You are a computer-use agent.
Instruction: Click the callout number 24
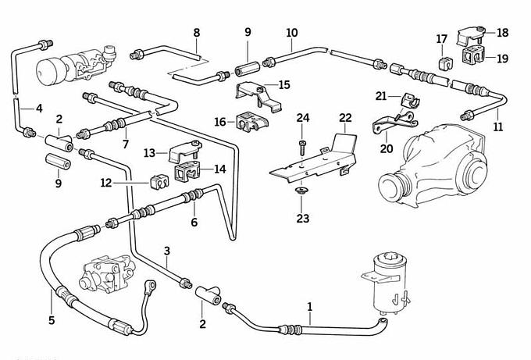pyautogui.click(x=303, y=118)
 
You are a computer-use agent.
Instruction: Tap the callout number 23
pyautogui.click(x=303, y=219)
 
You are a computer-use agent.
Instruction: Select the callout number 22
pyautogui.click(x=345, y=118)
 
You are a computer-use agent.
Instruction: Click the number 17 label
pyautogui.click(x=442, y=38)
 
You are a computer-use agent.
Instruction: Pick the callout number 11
pyautogui.click(x=497, y=127)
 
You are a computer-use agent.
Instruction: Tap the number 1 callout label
pyautogui.click(x=310, y=307)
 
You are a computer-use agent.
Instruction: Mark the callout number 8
pyautogui.click(x=196, y=33)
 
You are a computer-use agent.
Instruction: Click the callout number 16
pyautogui.click(x=220, y=122)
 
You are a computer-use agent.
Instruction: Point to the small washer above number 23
pyautogui.click(x=302, y=191)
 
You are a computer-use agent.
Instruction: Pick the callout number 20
pyautogui.click(x=387, y=149)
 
